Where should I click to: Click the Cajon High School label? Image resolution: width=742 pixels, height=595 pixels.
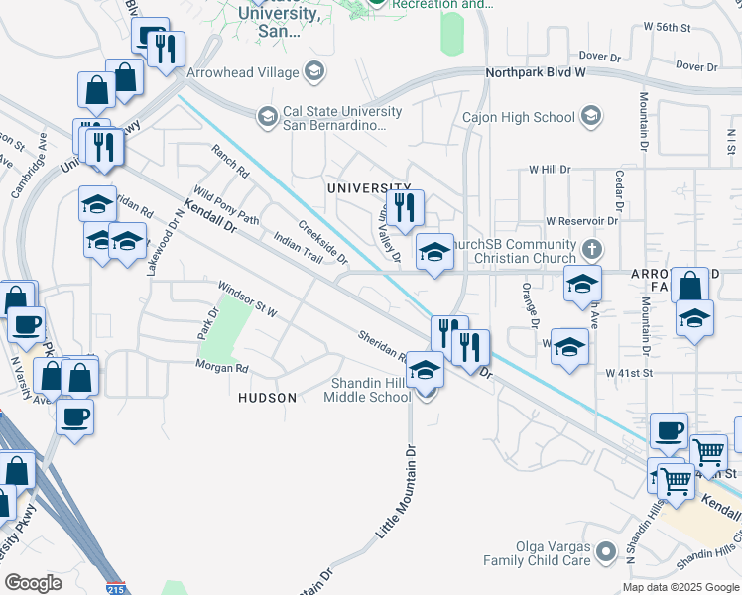pyautogui.click(x=519, y=117)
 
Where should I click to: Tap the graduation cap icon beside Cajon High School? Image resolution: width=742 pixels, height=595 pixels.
pyautogui.click(x=591, y=117)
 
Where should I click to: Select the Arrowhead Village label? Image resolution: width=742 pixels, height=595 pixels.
pyautogui.click(x=242, y=72)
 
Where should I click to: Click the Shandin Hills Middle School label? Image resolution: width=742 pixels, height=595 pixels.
pyautogui.click(x=367, y=391)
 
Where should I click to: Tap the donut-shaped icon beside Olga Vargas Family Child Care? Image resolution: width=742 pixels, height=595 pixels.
pyautogui.click(x=606, y=549)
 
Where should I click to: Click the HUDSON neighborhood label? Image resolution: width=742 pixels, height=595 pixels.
pyautogui.click(x=267, y=398)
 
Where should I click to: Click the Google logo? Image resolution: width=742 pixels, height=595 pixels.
pyautogui.click(x=33, y=583)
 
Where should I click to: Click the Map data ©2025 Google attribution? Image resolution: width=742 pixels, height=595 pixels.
pyautogui.click(x=680, y=587)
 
